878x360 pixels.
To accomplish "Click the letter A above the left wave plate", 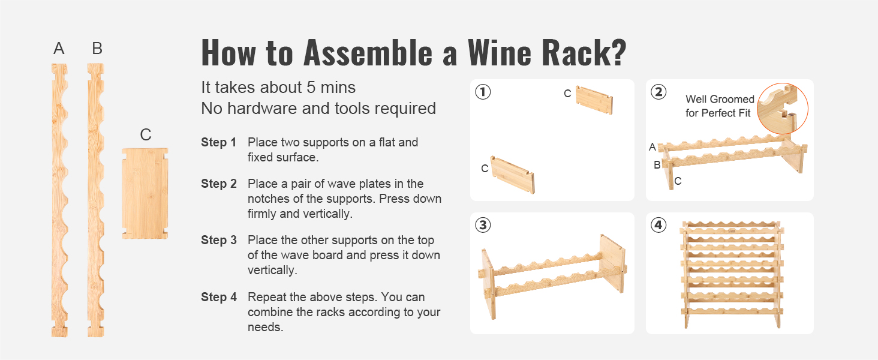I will pos(59,49).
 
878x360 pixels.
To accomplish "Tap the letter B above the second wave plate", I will pos(97,49).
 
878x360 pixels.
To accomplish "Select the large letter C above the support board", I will pos(145,135).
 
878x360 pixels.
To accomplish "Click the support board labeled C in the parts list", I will pos(145,193).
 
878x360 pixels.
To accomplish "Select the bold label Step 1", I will pos(218,143).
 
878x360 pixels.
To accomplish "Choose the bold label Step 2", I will pos(218,184).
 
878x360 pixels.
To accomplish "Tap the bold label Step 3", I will pos(218,241).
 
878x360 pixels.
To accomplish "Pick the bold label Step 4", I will pos(218,298).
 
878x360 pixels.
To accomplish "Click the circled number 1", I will pos(483,92).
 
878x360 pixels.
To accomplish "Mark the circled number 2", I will pos(659,92).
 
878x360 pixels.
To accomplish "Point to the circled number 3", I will pos(483,225).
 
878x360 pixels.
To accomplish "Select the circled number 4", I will pos(659,225).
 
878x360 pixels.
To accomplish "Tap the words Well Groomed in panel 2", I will pos(720,100).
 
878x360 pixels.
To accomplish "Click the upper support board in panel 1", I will pos(594,100).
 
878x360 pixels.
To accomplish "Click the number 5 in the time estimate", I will pos(311,88).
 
